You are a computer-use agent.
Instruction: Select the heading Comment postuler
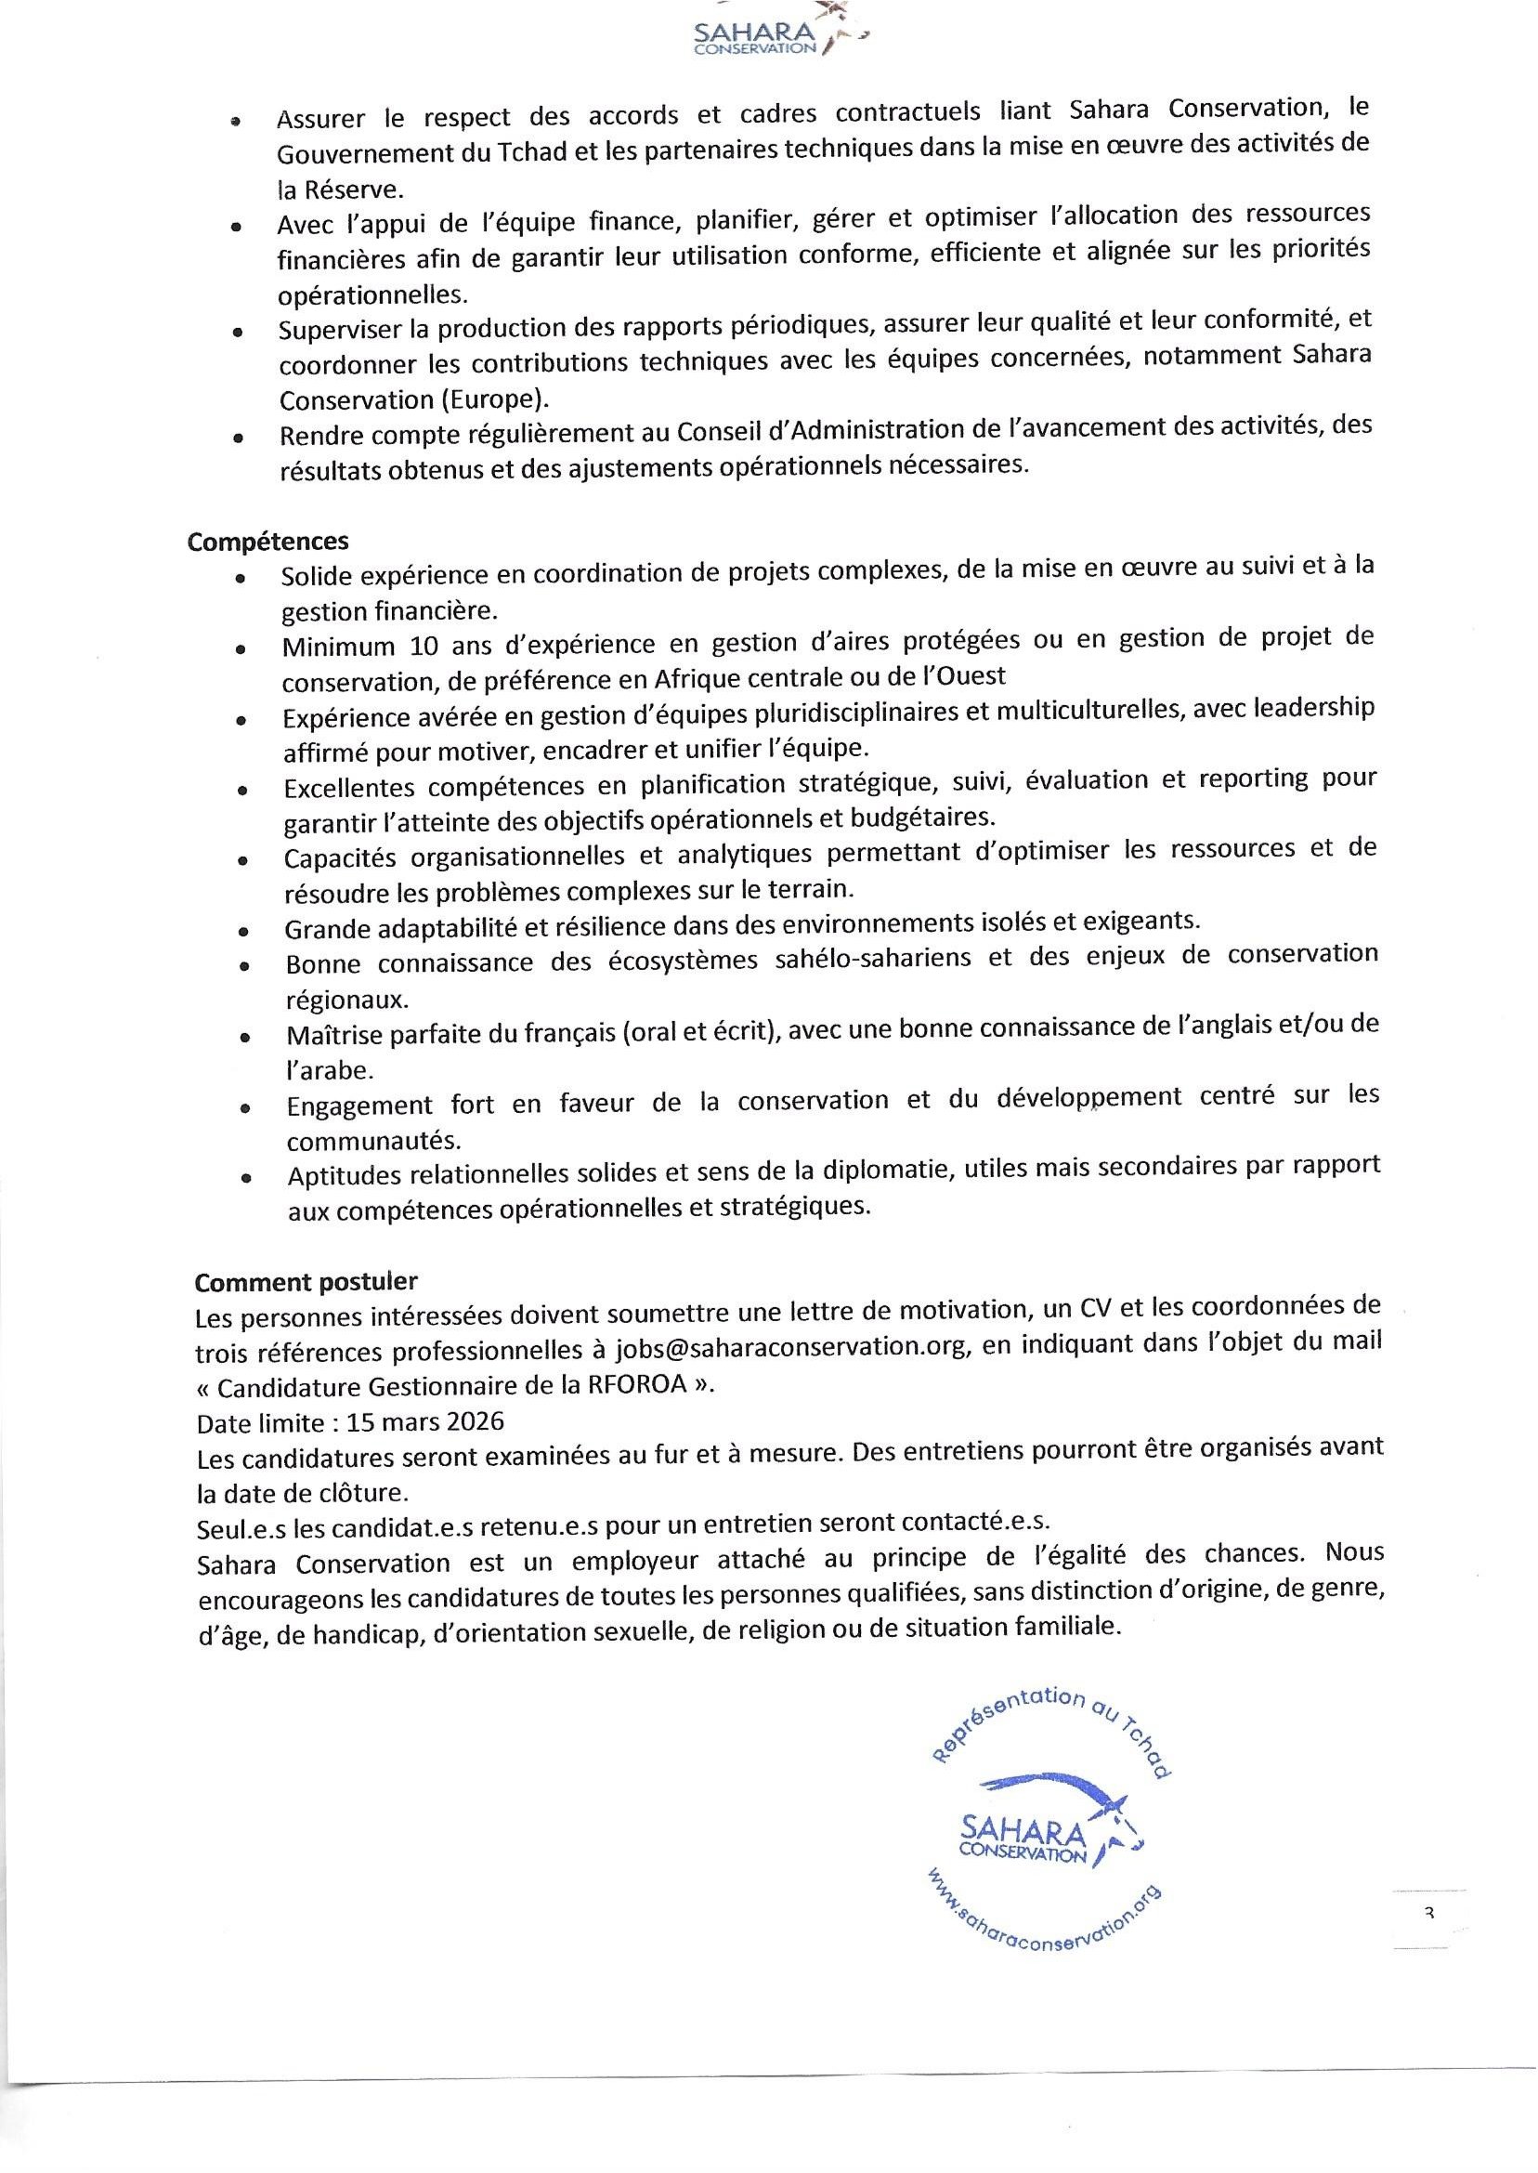point(306,1282)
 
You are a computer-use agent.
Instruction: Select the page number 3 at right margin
point(1429,1914)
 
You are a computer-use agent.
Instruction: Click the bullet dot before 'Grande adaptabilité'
point(244,931)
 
